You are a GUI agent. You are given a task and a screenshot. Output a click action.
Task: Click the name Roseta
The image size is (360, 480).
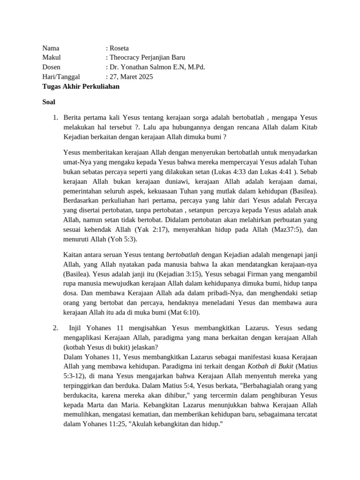click(120, 48)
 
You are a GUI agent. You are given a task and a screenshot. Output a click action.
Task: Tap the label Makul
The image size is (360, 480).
click(52, 58)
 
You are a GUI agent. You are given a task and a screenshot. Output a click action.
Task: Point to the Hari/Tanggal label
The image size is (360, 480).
click(61, 77)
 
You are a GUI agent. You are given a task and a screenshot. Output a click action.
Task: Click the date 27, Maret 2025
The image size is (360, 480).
click(131, 77)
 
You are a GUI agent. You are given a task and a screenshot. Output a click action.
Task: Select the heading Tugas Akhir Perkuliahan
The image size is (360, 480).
click(81, 86)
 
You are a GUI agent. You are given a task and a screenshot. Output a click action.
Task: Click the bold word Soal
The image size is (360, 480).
click(49, 102)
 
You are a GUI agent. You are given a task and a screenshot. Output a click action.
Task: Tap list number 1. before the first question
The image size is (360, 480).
click(54, 117)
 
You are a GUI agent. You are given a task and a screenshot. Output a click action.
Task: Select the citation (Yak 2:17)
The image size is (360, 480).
click(151, 230)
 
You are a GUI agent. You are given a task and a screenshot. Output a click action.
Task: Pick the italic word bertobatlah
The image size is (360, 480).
click(183, 255)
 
